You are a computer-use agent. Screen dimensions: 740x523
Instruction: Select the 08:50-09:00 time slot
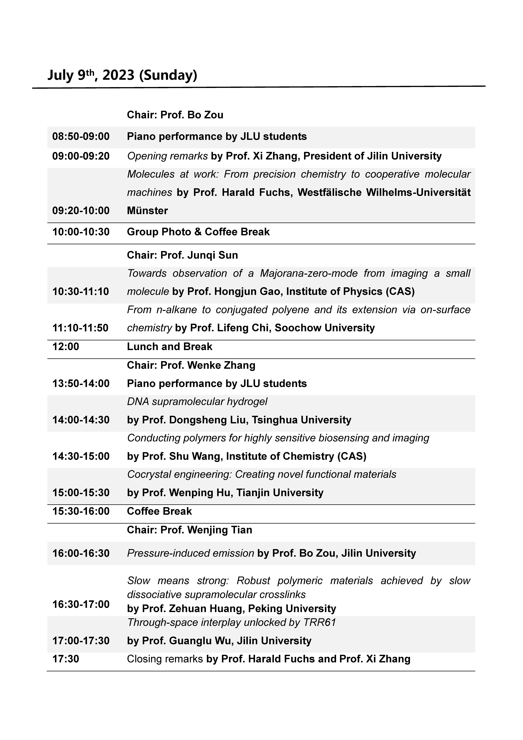pos(81,136)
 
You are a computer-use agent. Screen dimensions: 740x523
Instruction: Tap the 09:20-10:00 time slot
pos(81,210)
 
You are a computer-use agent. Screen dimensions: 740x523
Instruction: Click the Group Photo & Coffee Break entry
pos(198,232)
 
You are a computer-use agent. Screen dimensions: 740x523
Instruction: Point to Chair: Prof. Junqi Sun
pos(182,255)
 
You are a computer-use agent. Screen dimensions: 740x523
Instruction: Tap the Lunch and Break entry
pos(170,346)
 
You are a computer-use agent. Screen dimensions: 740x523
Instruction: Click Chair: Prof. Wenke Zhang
pos(191,365)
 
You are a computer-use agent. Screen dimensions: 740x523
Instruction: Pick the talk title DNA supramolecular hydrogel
pos(197,402)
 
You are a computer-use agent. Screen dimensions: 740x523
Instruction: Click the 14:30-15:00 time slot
pos(81,456)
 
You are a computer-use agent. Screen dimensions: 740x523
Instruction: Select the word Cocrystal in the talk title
pos(147,474)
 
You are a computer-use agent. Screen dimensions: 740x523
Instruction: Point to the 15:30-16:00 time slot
pos(81,511)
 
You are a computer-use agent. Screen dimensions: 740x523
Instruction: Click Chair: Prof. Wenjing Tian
pos(189,530)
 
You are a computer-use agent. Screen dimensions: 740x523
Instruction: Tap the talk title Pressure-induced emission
pos(190,553)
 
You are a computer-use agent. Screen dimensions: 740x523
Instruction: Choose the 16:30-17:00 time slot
pos(81,604)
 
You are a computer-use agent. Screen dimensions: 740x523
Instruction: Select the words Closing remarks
pos(165,659)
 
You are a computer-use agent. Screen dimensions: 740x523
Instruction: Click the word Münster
pos(147,210)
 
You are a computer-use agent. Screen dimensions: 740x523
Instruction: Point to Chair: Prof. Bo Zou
pos(175,115)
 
